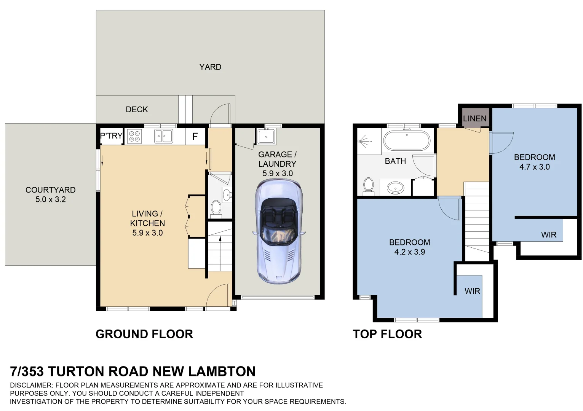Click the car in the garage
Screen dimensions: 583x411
[x=278, y=231]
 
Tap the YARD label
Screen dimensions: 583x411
[x=210, y=67]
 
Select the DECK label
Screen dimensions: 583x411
[x=137, y=109]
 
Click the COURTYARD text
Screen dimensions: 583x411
[x=51, y=190]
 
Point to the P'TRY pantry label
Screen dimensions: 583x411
[x=111, y=135]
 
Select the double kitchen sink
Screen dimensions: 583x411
[x=163, y=136]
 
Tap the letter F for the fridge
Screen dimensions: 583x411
[x=195, y=136]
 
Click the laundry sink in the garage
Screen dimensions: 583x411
[x=266, y=136]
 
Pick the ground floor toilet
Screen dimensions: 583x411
[x=216, y=209]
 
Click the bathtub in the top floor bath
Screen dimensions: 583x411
[x=407, y=140]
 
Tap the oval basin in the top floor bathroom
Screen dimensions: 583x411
[x=395, y=188]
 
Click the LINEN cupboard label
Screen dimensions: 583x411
[x=474, y=119]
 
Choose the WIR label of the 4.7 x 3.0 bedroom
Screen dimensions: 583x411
[x=549, y=235]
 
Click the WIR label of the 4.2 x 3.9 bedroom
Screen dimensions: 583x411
[x=472, y=291]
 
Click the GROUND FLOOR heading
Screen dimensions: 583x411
[x=144, y=334]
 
